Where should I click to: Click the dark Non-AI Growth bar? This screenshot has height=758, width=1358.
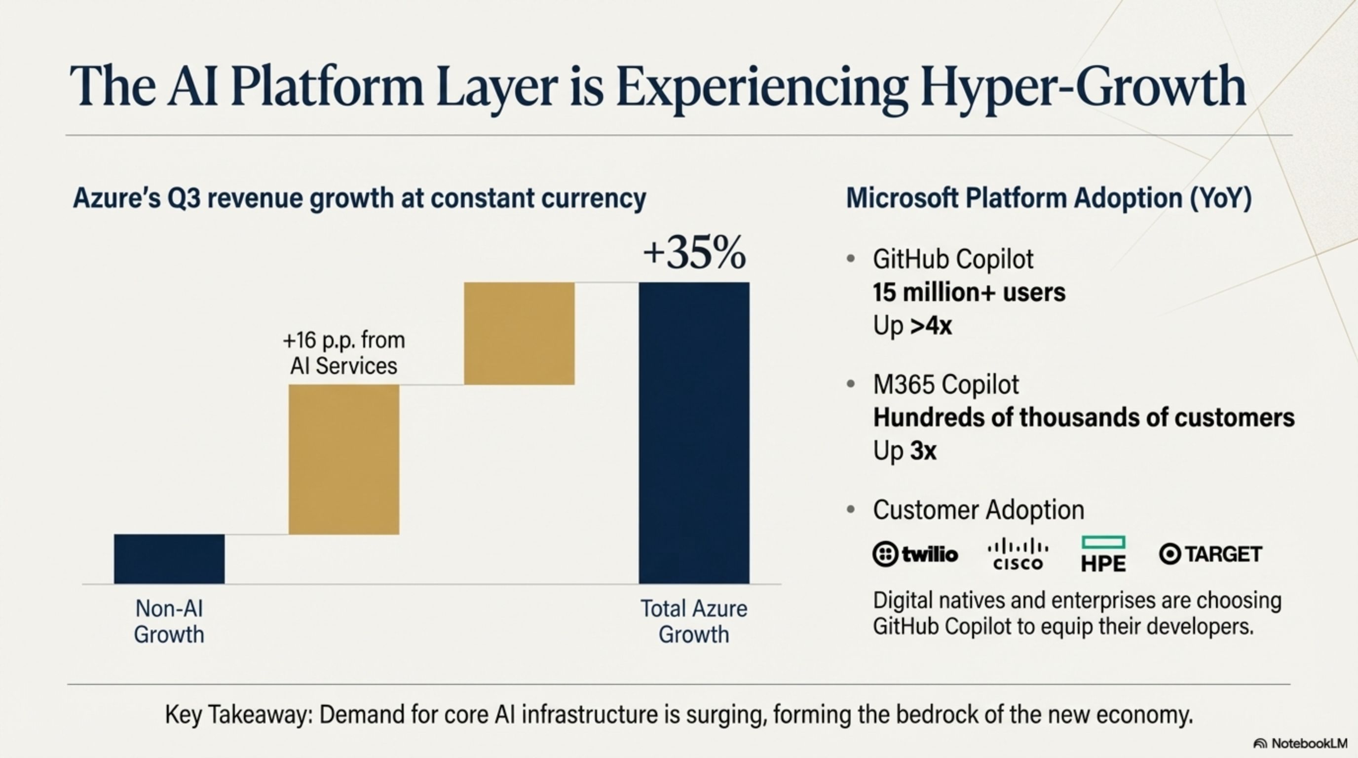coord(169,559)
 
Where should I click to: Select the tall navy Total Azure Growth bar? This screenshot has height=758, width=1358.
coord(694,432)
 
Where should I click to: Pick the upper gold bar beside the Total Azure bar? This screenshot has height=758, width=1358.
coord(519,333)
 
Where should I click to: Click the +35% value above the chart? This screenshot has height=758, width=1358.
coord(694,254)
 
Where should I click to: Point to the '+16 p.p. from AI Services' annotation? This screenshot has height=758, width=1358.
coord(344,353)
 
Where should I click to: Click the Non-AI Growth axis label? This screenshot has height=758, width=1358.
coord(169,621)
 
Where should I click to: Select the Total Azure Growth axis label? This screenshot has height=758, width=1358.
coord(694,621)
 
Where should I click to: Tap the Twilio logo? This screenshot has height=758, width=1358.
coord(915,554)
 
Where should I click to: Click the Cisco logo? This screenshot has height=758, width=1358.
coord(1018,554)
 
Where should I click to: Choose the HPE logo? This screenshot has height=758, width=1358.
coord(1103,555)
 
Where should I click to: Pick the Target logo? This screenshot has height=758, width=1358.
coord(1210,554)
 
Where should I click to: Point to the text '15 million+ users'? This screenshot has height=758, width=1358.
coord(969,293)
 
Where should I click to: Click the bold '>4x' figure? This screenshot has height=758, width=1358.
coord(931,326)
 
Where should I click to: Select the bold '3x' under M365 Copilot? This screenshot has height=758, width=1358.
coord(923,451)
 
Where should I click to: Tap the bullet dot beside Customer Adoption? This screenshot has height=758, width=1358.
coord(850,510)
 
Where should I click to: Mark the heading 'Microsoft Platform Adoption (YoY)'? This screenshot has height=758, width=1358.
coord(1049,199)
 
